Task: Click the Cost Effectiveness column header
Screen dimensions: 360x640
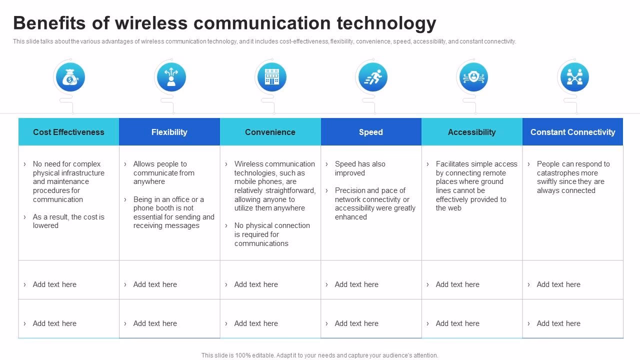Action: [x=68, y=132]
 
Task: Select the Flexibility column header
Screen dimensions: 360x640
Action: [x=169, y=132]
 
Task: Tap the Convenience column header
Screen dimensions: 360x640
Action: [x=270, y=132]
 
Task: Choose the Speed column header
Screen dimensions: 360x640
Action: [x=371, y=132]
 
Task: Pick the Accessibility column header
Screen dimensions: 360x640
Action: [x=471, y=132]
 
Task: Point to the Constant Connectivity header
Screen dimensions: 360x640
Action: [x=572, y=132]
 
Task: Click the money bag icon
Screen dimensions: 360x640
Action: [x=69, y=77]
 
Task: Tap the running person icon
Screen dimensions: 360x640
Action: [x=372, y=77]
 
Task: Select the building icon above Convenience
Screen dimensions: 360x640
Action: [x=271, y=77]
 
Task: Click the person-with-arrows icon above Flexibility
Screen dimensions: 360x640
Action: [x=171, y=77]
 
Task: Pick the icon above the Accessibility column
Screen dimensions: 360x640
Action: [x=473, y=77]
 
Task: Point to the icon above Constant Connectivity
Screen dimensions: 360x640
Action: [x=574, y=77]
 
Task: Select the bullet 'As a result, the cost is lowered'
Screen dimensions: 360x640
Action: [x=68, y=221]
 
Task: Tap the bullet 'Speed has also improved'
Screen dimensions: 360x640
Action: [x=360, y=168]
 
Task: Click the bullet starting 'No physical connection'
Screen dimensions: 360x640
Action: [x=272, y=234]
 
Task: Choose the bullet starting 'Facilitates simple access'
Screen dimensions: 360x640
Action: [x=476, y=186]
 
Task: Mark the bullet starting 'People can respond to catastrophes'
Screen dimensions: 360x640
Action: [x=573, y=177]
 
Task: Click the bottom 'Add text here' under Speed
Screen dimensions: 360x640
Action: [x=356, y=323]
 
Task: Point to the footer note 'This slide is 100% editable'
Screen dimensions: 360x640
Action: [x=319, y=355]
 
